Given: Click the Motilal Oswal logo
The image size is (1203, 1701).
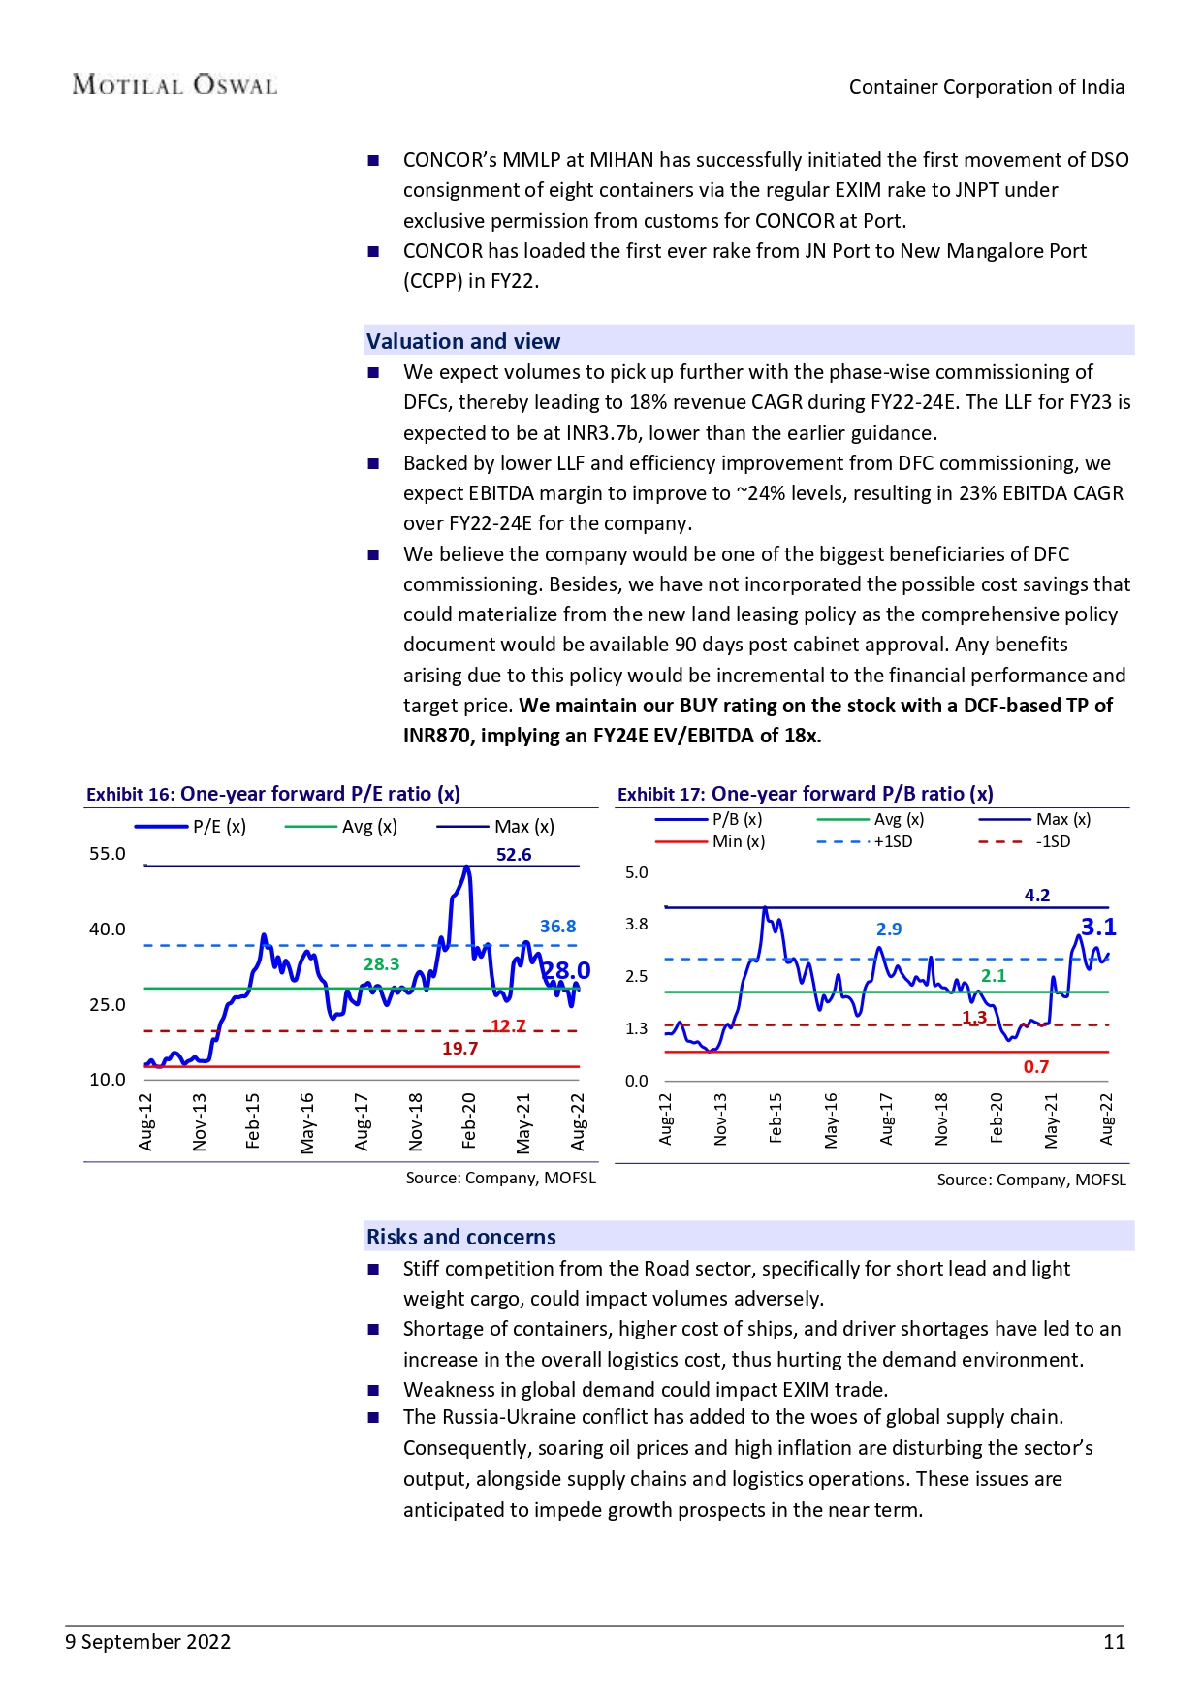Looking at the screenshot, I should coord(174,85).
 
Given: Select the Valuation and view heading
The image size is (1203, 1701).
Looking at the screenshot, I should coord(463,341).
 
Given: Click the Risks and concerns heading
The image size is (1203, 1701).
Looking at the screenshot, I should coord(461,1237).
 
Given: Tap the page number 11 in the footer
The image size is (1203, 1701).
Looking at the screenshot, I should coord(1114,1641).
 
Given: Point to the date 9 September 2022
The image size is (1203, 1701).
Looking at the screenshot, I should coord(148,1641).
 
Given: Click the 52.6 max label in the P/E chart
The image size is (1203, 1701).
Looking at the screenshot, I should coord(514,854).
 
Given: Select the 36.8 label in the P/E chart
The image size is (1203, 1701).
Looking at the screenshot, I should coord(557,926).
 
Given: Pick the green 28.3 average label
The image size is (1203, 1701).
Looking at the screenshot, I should coord(381,963).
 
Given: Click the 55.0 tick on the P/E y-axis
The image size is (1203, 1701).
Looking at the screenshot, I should coord(108,853).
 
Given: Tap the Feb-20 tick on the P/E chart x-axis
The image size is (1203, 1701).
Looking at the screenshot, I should coord(469,1120).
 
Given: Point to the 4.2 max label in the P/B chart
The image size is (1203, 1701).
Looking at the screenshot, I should coord(1037,895).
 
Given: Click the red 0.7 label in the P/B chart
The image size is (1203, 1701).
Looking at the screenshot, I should coord(1036,1066).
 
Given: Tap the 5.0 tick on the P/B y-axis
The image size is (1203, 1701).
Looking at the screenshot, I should coord(636,872).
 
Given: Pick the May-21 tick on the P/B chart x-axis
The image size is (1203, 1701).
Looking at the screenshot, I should coord(1052,1120).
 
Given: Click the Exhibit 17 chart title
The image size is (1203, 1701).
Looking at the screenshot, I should coord(806,794).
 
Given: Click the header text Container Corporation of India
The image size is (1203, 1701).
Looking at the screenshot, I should coord(987,87).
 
